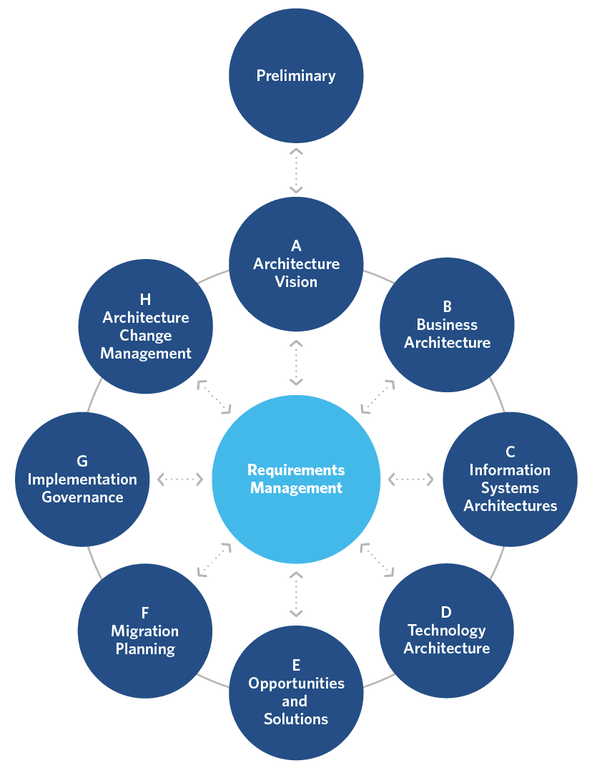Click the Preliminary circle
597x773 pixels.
[x=296, y=75]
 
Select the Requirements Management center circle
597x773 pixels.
[x=296, y=479]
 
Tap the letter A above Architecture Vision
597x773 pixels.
[x=296, y=246]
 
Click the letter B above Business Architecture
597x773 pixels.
[x=447, y=306]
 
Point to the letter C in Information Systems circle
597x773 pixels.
[x=510, y=452]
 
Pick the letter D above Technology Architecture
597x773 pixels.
[x=446, y=612]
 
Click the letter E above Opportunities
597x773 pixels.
[x=296, y=666]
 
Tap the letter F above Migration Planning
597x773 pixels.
[x=145, y=613]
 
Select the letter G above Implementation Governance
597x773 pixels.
[x=82, y=461]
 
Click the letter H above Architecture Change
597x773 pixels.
[x=146, y=299]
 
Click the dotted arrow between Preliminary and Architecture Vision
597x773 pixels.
[x=296, y=171]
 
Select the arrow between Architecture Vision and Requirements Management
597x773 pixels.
[x=296, y=363]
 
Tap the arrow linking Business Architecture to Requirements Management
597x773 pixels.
[x=378, y=397]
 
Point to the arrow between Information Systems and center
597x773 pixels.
[x=410, y=478]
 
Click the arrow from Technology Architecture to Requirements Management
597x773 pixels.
[x=377, y=559]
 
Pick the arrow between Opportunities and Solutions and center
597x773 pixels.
[x=296, y=593]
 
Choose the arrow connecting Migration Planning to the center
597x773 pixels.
[x=214, y=559]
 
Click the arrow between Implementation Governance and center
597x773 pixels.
[x=180, y=478]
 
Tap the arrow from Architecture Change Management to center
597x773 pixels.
[x=214, y=397]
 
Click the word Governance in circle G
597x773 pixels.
[x=82, y=497]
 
